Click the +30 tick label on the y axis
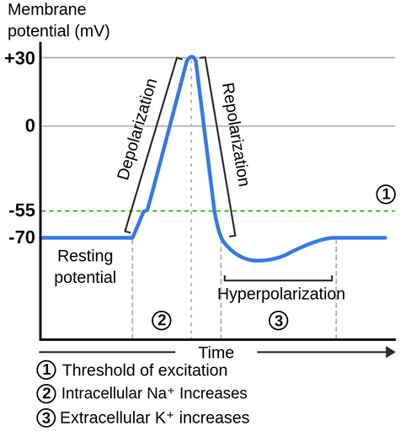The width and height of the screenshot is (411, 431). click(x=18, y=58)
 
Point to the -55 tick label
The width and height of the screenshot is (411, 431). click(x=19, y=211)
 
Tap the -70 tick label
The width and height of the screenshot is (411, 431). click(x=19, y=238)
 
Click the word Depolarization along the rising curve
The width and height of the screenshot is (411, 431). click(x=136, y=130)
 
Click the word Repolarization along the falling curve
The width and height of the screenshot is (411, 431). click(x=235, y=135)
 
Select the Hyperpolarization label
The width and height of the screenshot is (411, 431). click(x=281, y=294)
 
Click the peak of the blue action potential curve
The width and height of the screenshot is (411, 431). click(x=192, y=57)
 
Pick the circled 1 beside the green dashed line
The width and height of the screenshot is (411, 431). click(x=385, y=194)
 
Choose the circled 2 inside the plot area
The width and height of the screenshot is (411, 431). click(x=162, y=320)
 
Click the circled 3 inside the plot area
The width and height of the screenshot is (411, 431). click(x=278, y=320)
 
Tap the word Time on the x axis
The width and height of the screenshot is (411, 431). click(x=216, y=352)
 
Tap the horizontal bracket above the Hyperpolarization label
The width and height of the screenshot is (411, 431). click(x=278, y=279)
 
